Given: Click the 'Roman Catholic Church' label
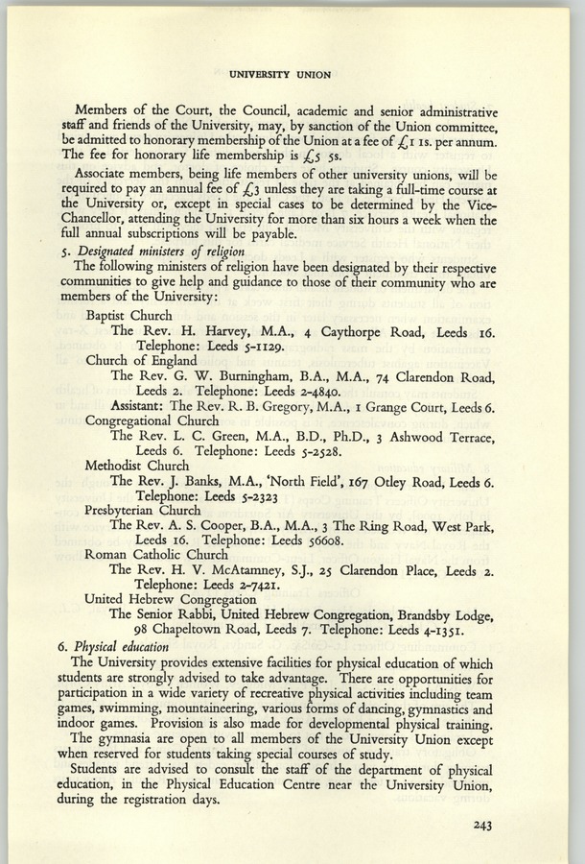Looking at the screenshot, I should pos(150,554).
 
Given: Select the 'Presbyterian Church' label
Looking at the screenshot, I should pos(143,510).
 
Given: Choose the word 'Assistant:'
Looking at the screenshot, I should pos(140,405).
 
